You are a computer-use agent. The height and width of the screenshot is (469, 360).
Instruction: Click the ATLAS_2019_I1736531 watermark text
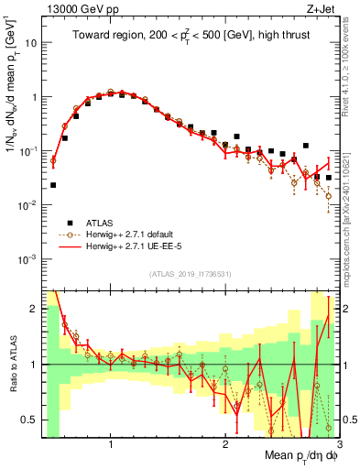click(x=191, y=274)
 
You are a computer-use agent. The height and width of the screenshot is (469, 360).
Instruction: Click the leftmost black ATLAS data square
click(x=53, y=185)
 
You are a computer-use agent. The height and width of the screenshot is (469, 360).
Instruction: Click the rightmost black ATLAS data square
click(x=329, y=178)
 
